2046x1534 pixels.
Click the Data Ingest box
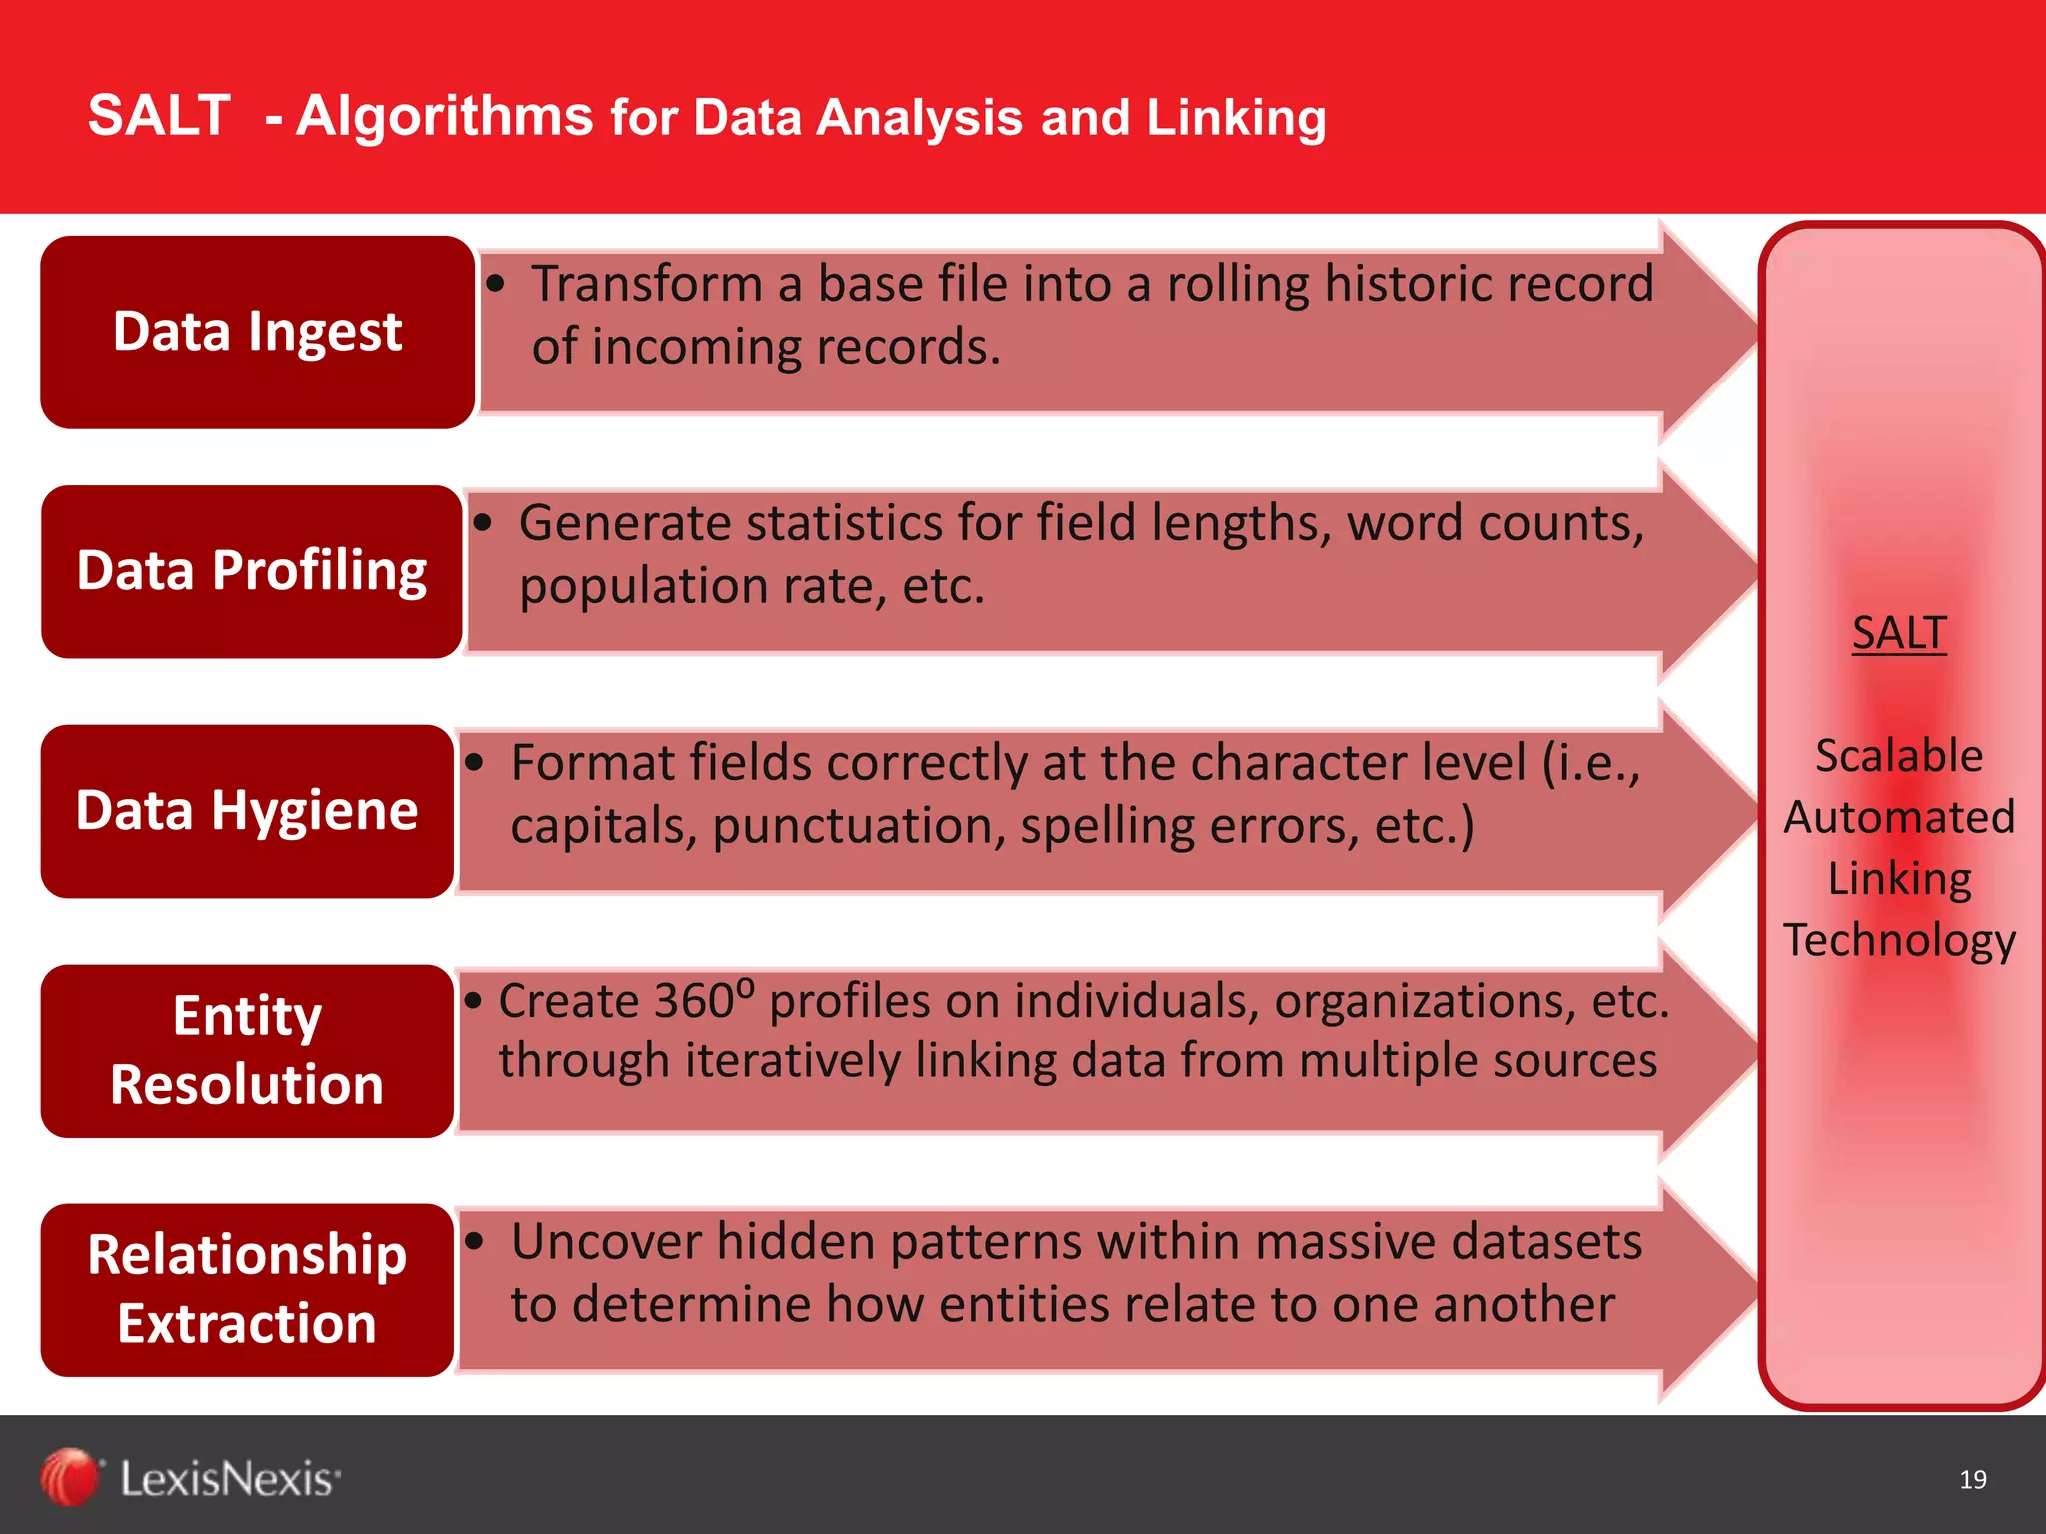[257, 332]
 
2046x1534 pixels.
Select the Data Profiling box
[251, 571]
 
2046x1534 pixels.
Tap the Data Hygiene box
[247, 810]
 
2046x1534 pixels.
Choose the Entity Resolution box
[247, 1050]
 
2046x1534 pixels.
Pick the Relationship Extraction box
[247, 1289]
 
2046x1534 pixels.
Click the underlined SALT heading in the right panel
[1899, 633]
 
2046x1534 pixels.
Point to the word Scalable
[1899, 755]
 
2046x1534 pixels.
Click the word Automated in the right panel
[1899, 817]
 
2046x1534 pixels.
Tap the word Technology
[1899, 940]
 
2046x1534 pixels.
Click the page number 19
[1973, 1479]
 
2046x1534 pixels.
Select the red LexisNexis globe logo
[69, 1477]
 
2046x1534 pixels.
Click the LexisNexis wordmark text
[229, 1478]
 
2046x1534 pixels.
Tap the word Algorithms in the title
[445, 117]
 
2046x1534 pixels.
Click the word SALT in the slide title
[159, 115]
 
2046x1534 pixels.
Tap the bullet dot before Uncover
[475, 1241]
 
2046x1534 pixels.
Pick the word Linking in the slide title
[1236, 118]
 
